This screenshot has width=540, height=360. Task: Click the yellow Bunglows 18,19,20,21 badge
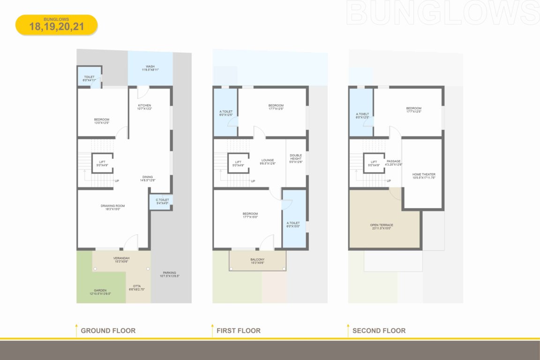click(56, 25)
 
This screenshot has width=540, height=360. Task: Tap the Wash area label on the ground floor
click(150, 68)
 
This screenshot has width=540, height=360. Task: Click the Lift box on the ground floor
click(102, 163)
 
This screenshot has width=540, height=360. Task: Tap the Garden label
click(101, 292)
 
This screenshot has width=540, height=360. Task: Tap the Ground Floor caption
click(108, 330)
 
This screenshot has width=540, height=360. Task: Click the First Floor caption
click(238, 330)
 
